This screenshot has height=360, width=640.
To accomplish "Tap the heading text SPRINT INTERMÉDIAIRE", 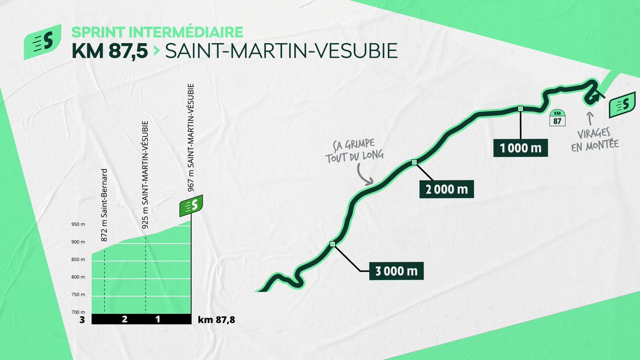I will tap(157, 30).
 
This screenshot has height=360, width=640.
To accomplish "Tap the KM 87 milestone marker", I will tap(557, 117).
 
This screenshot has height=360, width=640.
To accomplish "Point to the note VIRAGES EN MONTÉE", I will tap(595, 139).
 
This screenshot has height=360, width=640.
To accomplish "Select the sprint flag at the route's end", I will tap(622, 105).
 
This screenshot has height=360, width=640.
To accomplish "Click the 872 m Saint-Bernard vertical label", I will tap(105, 205).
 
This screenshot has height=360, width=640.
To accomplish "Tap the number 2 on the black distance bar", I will tap(124, 319).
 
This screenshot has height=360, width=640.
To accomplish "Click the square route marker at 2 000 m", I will tap(414, 162).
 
